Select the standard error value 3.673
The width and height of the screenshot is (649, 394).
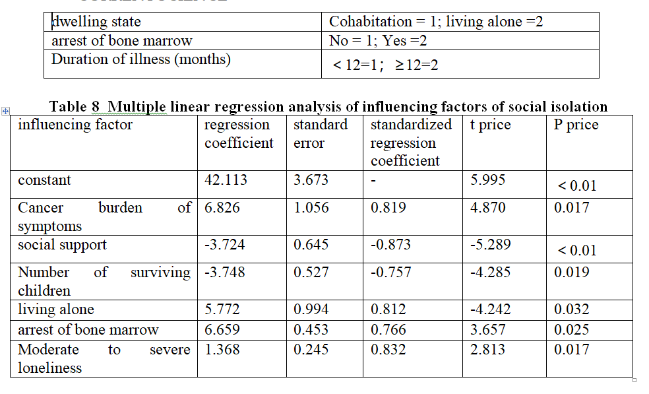click(x=311, y=180)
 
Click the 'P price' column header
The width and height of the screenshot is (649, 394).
click(x=576, y=125)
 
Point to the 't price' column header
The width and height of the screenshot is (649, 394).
click(x=490, y=125)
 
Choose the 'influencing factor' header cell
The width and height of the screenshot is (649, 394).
click(x=75, y=125)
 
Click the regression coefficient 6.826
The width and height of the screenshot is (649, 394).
click(x=222, y=208)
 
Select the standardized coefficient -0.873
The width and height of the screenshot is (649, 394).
click(x=390, y=245)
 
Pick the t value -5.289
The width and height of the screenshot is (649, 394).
click(x=490, y=245)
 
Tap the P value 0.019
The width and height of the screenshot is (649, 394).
click(x=572, y=273)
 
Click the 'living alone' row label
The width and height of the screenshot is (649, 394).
click(x=56, y=310)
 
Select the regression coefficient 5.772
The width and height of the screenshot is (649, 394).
click(x=222, y=310)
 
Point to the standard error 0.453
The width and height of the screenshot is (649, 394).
click(x=311, y=330)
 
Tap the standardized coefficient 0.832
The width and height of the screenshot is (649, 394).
click(x=388, y=350)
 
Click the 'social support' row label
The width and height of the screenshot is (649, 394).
click(x=62, y=245)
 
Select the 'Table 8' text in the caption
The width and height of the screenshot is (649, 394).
click(x=77, y=106)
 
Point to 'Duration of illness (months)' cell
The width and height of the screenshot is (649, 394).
click(x=141, y=59)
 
